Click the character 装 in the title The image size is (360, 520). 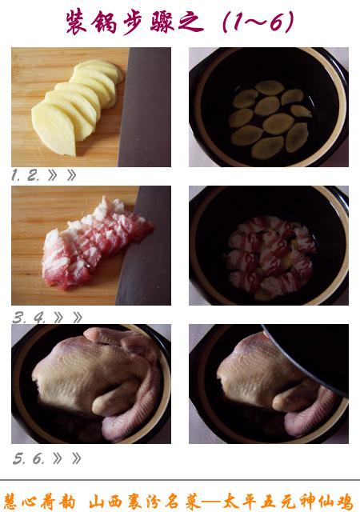pyautogui.click(x=76, y=22)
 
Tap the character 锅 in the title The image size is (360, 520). pyautogui.click(x=105, y=22)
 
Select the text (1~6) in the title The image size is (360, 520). pyautogui.click(x=258, y=22)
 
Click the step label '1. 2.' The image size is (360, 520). pyautogui.click(x=25, y=175)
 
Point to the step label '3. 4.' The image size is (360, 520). pyautogui.click(x=29, y=318)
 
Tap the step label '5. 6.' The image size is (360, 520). pyautogui.click(x=29, y=458)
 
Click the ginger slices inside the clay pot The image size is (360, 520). pyautogui.click(x=270, y=119)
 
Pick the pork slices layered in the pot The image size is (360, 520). pyautogui.click(x=270, y=255)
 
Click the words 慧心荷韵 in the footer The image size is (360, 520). pyautogui.click(x=39, y=502)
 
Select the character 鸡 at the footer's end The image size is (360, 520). pyautogui.click(x=345, y=502)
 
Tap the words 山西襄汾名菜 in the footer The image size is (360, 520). pyautogui.click(x=145, y=502)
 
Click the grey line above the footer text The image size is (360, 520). pyautogui.click(x=180, y=479)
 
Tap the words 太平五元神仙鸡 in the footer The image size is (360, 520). pyautogui.click(x=288, y=502)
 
